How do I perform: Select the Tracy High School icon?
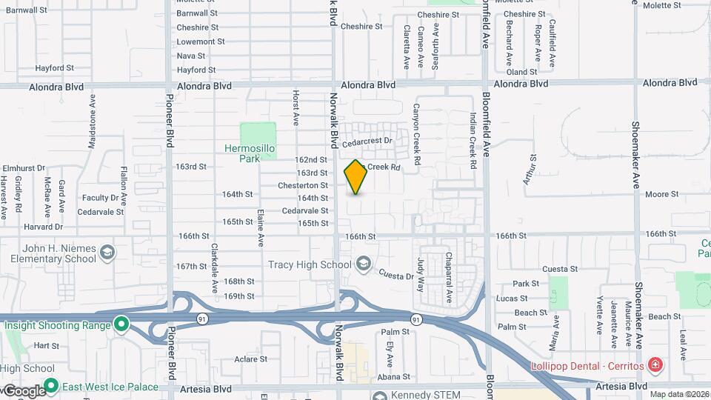pos(363,263)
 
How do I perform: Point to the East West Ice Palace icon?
pos(50,386)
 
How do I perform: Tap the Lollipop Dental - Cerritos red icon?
pos(655,365)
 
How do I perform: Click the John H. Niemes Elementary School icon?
pos(108,254)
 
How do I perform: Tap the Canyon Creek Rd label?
pos(417,133)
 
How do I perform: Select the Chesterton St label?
pos(304,185)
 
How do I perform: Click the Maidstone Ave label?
pos(93,122)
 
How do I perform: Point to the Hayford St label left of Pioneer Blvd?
pos(55,67)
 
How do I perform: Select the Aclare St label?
pos(250,359)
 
